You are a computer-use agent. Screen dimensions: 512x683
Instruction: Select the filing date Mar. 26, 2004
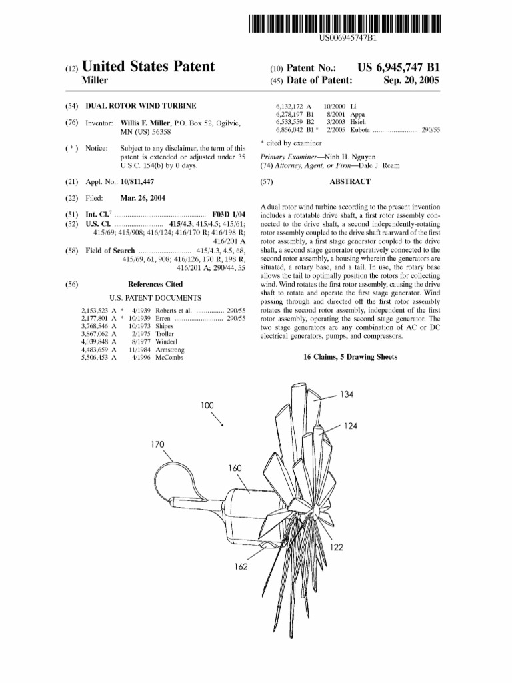143,198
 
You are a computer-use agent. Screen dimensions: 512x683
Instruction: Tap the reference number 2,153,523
94,311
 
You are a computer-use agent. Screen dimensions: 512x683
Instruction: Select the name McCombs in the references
170,358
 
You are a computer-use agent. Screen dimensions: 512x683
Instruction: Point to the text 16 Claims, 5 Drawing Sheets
350,357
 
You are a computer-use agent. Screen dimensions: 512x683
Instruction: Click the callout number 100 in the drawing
209,405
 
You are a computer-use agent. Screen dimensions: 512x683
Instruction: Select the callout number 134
347,394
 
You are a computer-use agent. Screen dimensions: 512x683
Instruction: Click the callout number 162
241,566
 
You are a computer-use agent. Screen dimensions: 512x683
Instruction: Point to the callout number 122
337,547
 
